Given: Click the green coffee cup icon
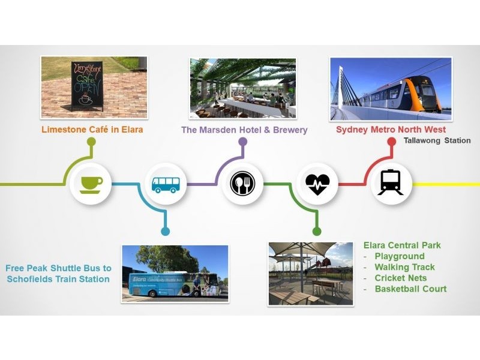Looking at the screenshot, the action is tap(91, 185).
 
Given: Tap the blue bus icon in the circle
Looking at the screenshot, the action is tap(166, 185).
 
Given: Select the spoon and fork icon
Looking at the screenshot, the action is tap(242, 184).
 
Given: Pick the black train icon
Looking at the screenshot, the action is tap(391, 182).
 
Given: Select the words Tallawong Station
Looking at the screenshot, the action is tap(437, 140).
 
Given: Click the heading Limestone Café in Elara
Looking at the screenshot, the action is tap(92, 129).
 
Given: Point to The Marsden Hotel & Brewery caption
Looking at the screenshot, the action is tap(244, 130).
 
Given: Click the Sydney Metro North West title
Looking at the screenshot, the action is tap(391, 130).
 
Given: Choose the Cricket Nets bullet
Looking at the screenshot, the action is tap(400, 278).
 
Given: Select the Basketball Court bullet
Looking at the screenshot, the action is tap(410, 289).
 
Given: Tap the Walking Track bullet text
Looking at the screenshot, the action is tap(404, 267).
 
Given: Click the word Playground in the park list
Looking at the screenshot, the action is tap(400, 256).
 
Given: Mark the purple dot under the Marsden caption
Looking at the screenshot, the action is tap(243, 142).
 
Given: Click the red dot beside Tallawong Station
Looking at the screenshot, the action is tap(392, 142).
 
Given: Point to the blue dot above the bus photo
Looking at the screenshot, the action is tap(166, 231).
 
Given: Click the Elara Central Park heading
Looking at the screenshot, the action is tap(402, 245).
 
